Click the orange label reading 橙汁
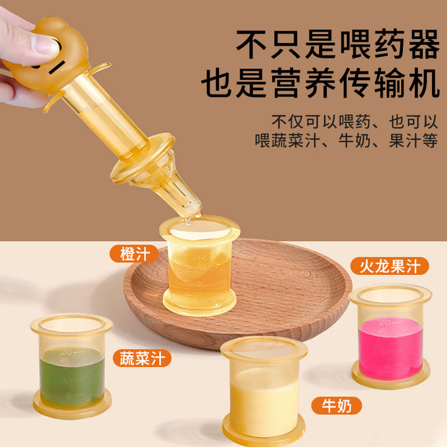click(134, 254)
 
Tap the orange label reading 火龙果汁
click(390, 266)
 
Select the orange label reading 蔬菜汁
click(142, 358)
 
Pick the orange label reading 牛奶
click(336, 405)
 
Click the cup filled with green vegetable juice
click(71, 366)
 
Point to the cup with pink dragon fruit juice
click(391, 336)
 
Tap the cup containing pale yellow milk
click(264, 391)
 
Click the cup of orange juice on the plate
click(199, 265)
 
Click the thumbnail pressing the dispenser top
click(45, 43)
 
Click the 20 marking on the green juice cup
click(66, 352)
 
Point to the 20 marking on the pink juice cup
click(384, 323)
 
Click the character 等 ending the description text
click(430, 140)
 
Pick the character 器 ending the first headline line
click(424, 44)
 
